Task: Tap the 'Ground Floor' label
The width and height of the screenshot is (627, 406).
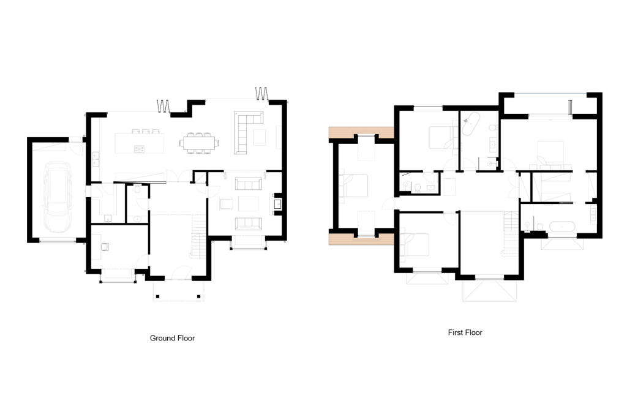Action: [172, 338]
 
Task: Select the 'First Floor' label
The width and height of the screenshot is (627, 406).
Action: [465, 333]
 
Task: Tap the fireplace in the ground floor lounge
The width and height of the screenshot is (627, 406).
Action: [277, 203]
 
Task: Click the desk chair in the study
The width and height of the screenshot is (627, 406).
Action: [105, 247]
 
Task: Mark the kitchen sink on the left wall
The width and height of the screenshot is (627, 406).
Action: [97, 159]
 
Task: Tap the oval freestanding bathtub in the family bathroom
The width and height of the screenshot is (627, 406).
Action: [470, 125]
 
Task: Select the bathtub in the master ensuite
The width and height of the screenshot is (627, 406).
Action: [561, 227]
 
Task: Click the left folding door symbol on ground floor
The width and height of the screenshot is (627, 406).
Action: [163, 107]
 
